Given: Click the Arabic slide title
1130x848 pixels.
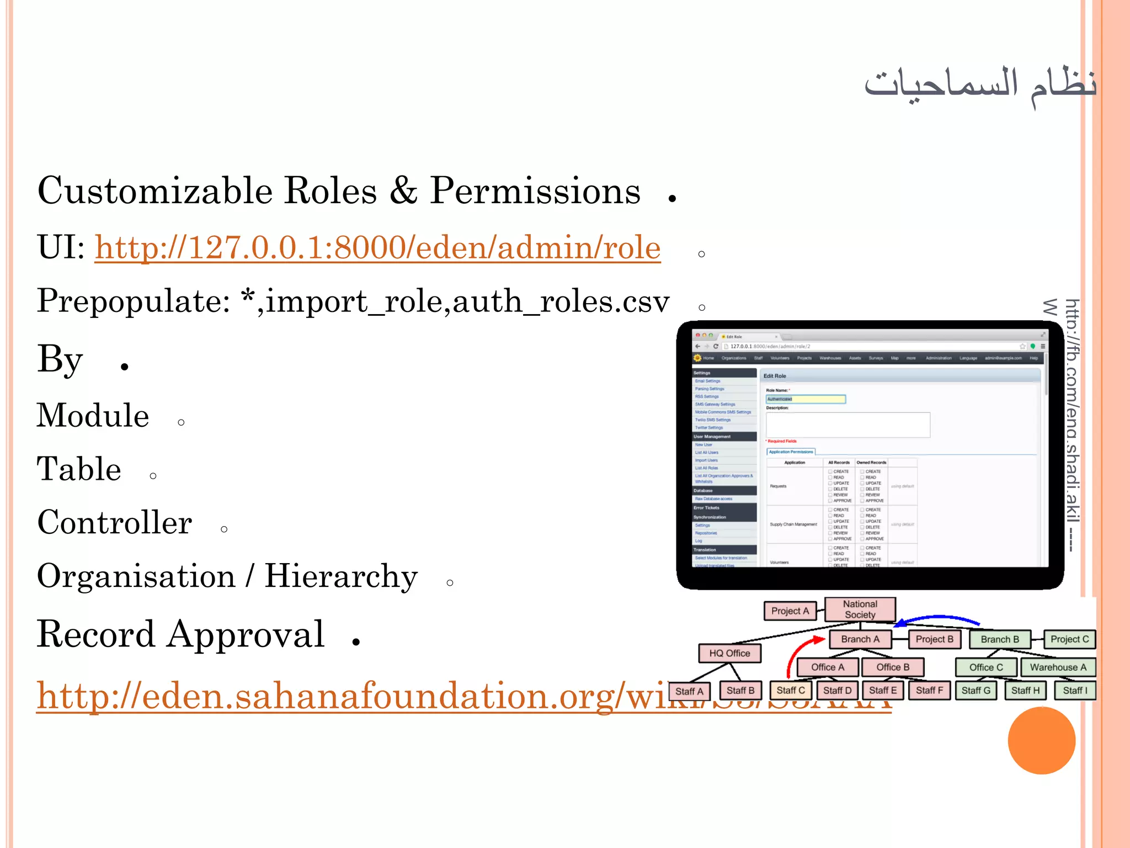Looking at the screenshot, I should point(980,84).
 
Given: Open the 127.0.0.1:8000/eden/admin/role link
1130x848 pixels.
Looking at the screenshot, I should point(377,247).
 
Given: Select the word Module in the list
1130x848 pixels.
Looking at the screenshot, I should point(93,416).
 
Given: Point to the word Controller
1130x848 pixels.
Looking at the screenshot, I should point(115,522).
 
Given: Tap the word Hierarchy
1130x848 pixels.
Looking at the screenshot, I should point(341,576).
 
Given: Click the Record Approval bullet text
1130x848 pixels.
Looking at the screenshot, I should point(181,634).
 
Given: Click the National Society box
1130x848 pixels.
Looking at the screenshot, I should point(860,609).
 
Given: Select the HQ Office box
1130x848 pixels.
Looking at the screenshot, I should point(729,653).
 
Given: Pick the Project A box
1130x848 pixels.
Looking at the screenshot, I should point(790,611).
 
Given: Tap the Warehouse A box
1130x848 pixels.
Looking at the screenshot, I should point(1058,667).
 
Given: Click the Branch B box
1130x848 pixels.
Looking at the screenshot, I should point(1000,639).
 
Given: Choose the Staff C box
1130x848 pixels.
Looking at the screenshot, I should point(790,691).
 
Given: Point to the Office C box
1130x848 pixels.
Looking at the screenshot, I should point(986,667).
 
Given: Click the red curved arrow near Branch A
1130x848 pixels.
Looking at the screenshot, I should point(798,654).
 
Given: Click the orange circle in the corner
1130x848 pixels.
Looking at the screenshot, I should point(1041,740).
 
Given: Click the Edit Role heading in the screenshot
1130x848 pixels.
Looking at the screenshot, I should point(775,376).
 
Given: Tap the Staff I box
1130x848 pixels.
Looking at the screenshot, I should point(1074,691).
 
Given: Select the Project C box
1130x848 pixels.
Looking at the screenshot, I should point(1069,639).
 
